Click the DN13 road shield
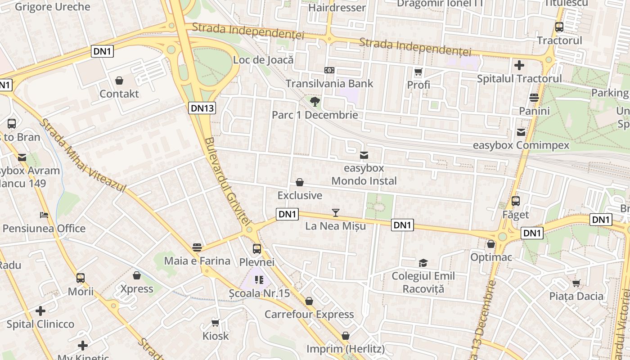[x=203, y=108]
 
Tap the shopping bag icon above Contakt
[x=119, y=81]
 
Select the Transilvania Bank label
[x=329, y=83]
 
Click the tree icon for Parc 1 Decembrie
[x=315, y=101]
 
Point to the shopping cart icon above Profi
[x=418, y=72]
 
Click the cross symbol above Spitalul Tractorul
[x=519, y=65]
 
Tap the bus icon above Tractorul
[x=559, y=27]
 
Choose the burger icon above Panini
[x=534, y=98]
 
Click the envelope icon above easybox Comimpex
[x=521, y=132]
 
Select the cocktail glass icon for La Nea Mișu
[x=335, y=213]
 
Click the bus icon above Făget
[x=516, y=201]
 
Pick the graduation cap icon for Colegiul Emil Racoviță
[x=423, y=263]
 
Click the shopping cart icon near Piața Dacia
[x=576, y=283]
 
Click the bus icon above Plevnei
[x=256, y=248]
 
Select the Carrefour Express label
[x=309, y=314]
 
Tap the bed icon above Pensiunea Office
[x=44, y=215]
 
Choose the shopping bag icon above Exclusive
[x=300, y=182]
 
